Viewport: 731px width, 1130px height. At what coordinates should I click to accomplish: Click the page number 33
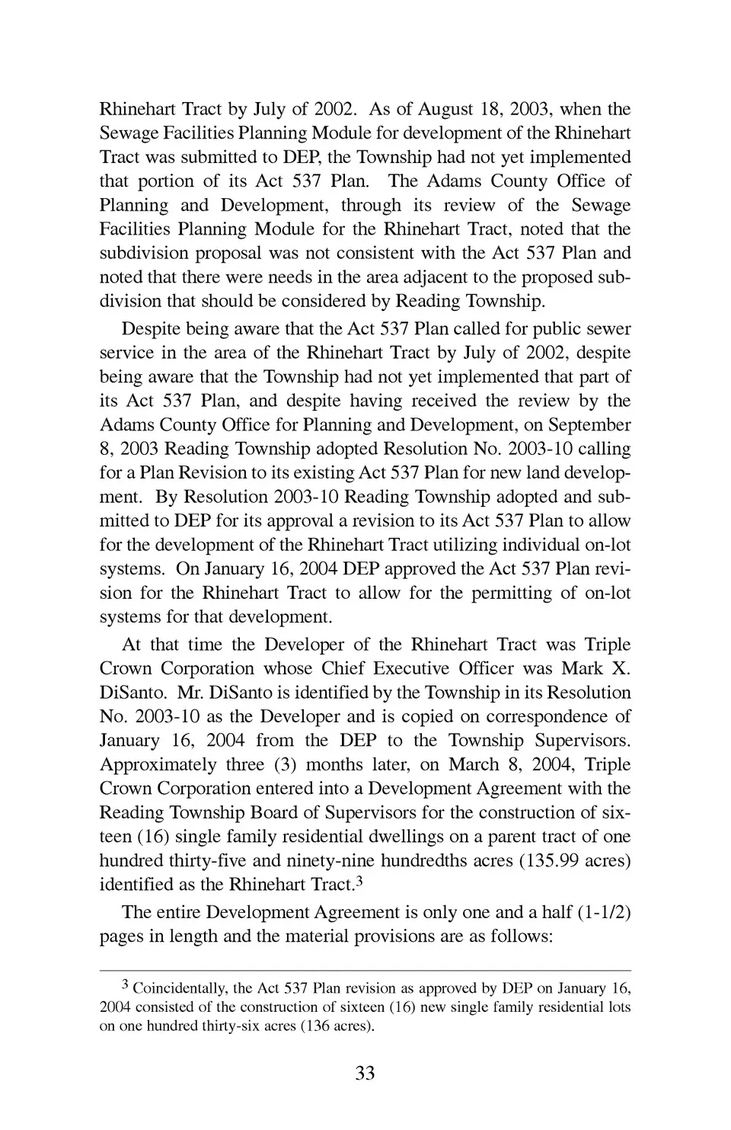tap(365, 1073)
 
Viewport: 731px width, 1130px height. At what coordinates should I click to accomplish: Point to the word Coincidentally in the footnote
tap(180, 988)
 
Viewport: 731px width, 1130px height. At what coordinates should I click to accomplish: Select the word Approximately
tap(158, 764)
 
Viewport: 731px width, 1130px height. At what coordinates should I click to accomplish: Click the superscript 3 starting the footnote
tap(126, 986)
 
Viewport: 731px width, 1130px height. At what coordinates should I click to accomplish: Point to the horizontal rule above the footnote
tap(365, 971)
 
